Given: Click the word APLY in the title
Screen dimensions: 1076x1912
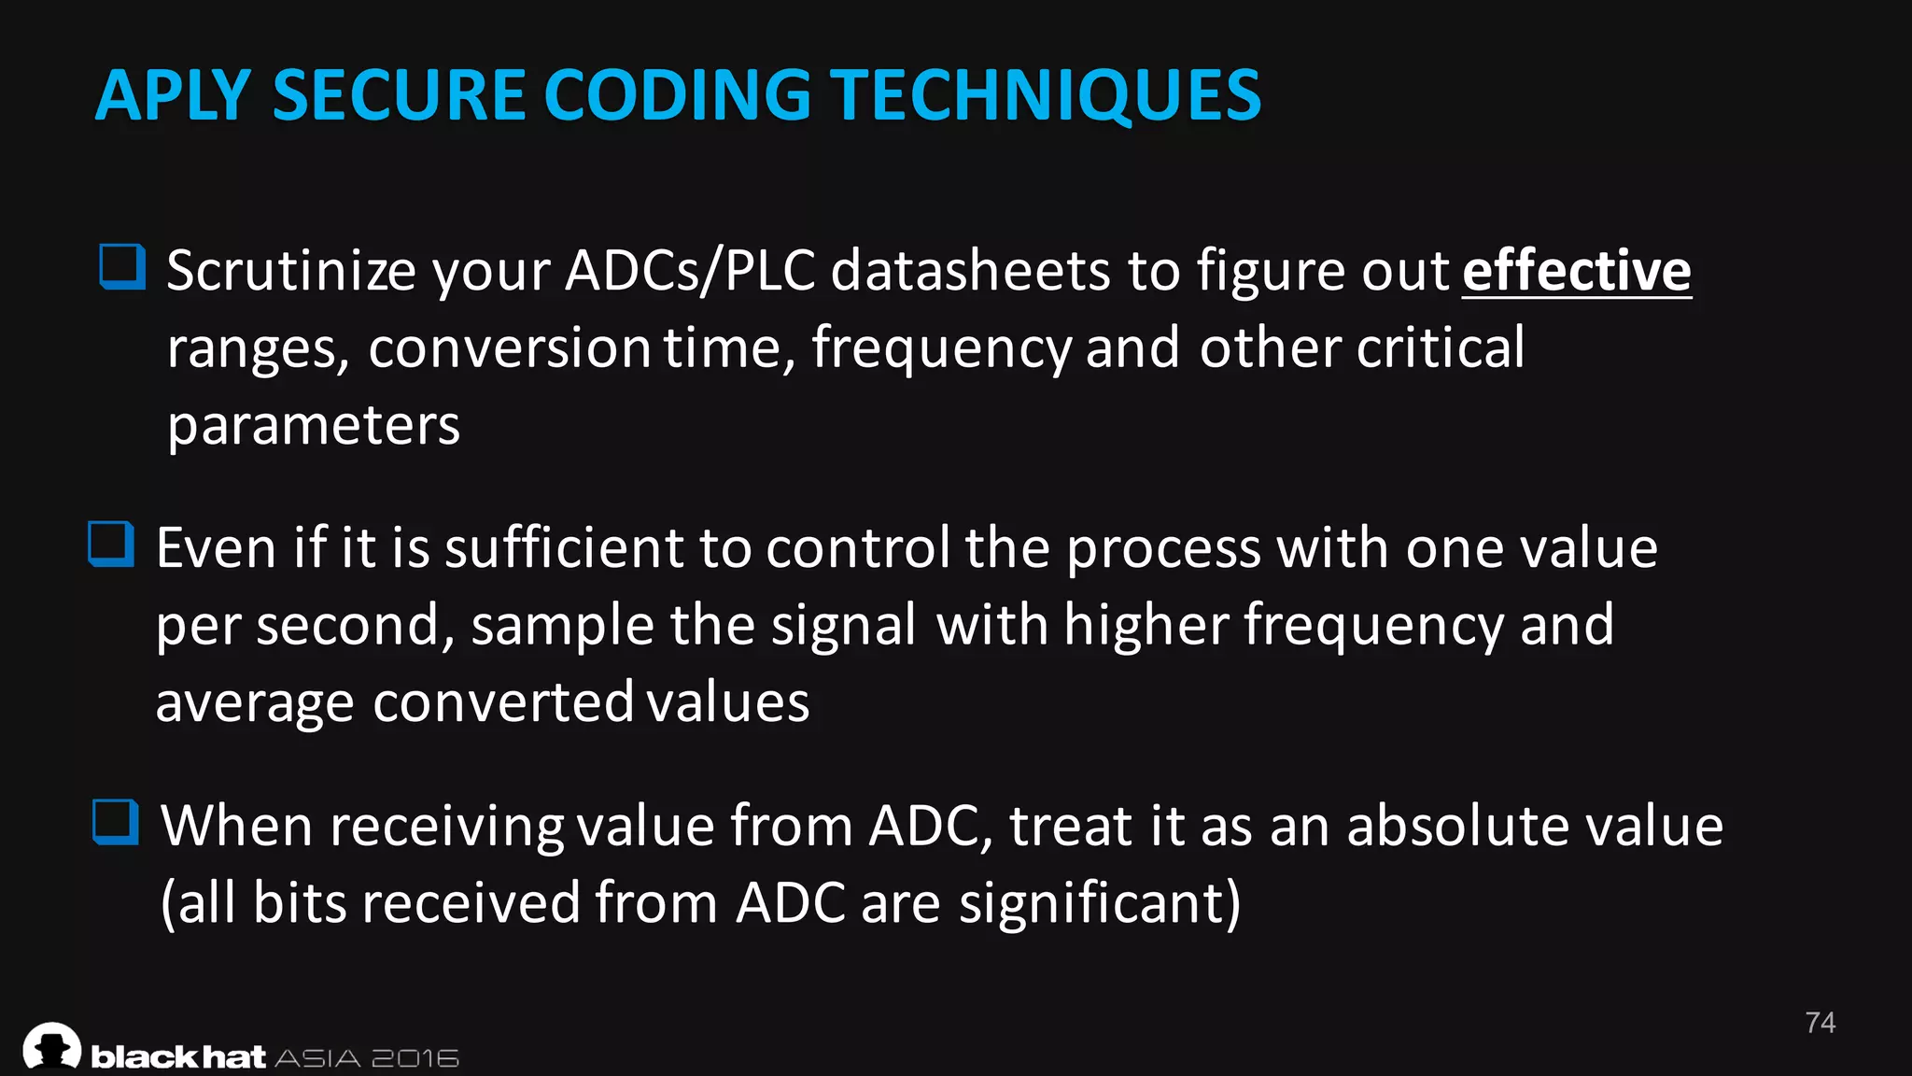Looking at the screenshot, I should click(173, 96).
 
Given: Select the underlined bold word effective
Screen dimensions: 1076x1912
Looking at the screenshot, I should click(1576, 271).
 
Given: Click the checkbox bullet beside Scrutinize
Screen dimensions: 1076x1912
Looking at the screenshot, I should click(122, 267).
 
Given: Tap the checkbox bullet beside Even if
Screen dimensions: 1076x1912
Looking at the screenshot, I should click(111, 544).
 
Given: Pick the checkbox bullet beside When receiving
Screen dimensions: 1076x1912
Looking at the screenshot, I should click(116, 822).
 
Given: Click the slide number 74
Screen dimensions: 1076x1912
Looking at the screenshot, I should click(1820, 1023).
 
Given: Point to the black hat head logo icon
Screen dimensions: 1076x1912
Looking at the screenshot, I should click(52, 1046).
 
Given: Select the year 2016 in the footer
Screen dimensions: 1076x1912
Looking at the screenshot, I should click(415, 1058).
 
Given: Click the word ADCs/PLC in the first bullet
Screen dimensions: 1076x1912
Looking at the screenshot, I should click(690, 271).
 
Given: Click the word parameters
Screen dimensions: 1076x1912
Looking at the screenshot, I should click(313, 426).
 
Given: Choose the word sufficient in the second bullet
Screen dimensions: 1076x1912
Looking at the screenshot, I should click(564, 547).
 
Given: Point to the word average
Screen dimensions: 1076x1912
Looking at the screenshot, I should click(254, 702).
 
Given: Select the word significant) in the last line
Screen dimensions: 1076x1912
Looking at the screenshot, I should click(1100, 903).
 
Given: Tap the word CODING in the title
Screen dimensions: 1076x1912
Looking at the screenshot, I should click(677, 96).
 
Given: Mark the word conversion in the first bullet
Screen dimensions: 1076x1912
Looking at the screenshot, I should click(509, 348).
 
